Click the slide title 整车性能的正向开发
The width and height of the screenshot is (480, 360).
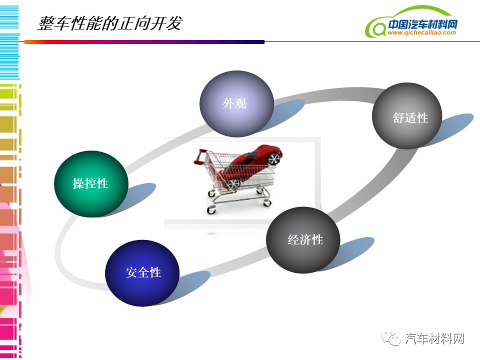click(x=110, y=23)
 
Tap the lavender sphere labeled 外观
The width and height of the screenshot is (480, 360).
click(x=236, y=104)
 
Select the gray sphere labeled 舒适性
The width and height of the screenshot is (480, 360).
click(x=407, y=116)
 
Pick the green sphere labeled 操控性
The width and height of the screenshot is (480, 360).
click(x=91, y=184)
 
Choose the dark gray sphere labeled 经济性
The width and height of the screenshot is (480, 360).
click(x=303, y=240)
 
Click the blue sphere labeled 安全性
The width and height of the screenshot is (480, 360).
click(x=142, y=273)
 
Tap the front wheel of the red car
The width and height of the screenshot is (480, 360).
click(x=273, y=158)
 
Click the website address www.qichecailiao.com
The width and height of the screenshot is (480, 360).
click(x=422, y=33)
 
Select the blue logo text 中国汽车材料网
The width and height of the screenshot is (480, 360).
click(x=423, y=24)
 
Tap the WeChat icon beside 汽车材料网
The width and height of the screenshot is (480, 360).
click(x=391, y=338)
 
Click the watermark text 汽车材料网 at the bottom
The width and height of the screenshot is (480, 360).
click(x=434, y=338)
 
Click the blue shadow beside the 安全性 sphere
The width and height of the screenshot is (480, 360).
click(x=191, y=286)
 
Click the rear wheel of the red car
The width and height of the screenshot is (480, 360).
click(x=233, y=183)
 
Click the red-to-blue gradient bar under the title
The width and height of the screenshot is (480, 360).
click(x=144, y=42)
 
